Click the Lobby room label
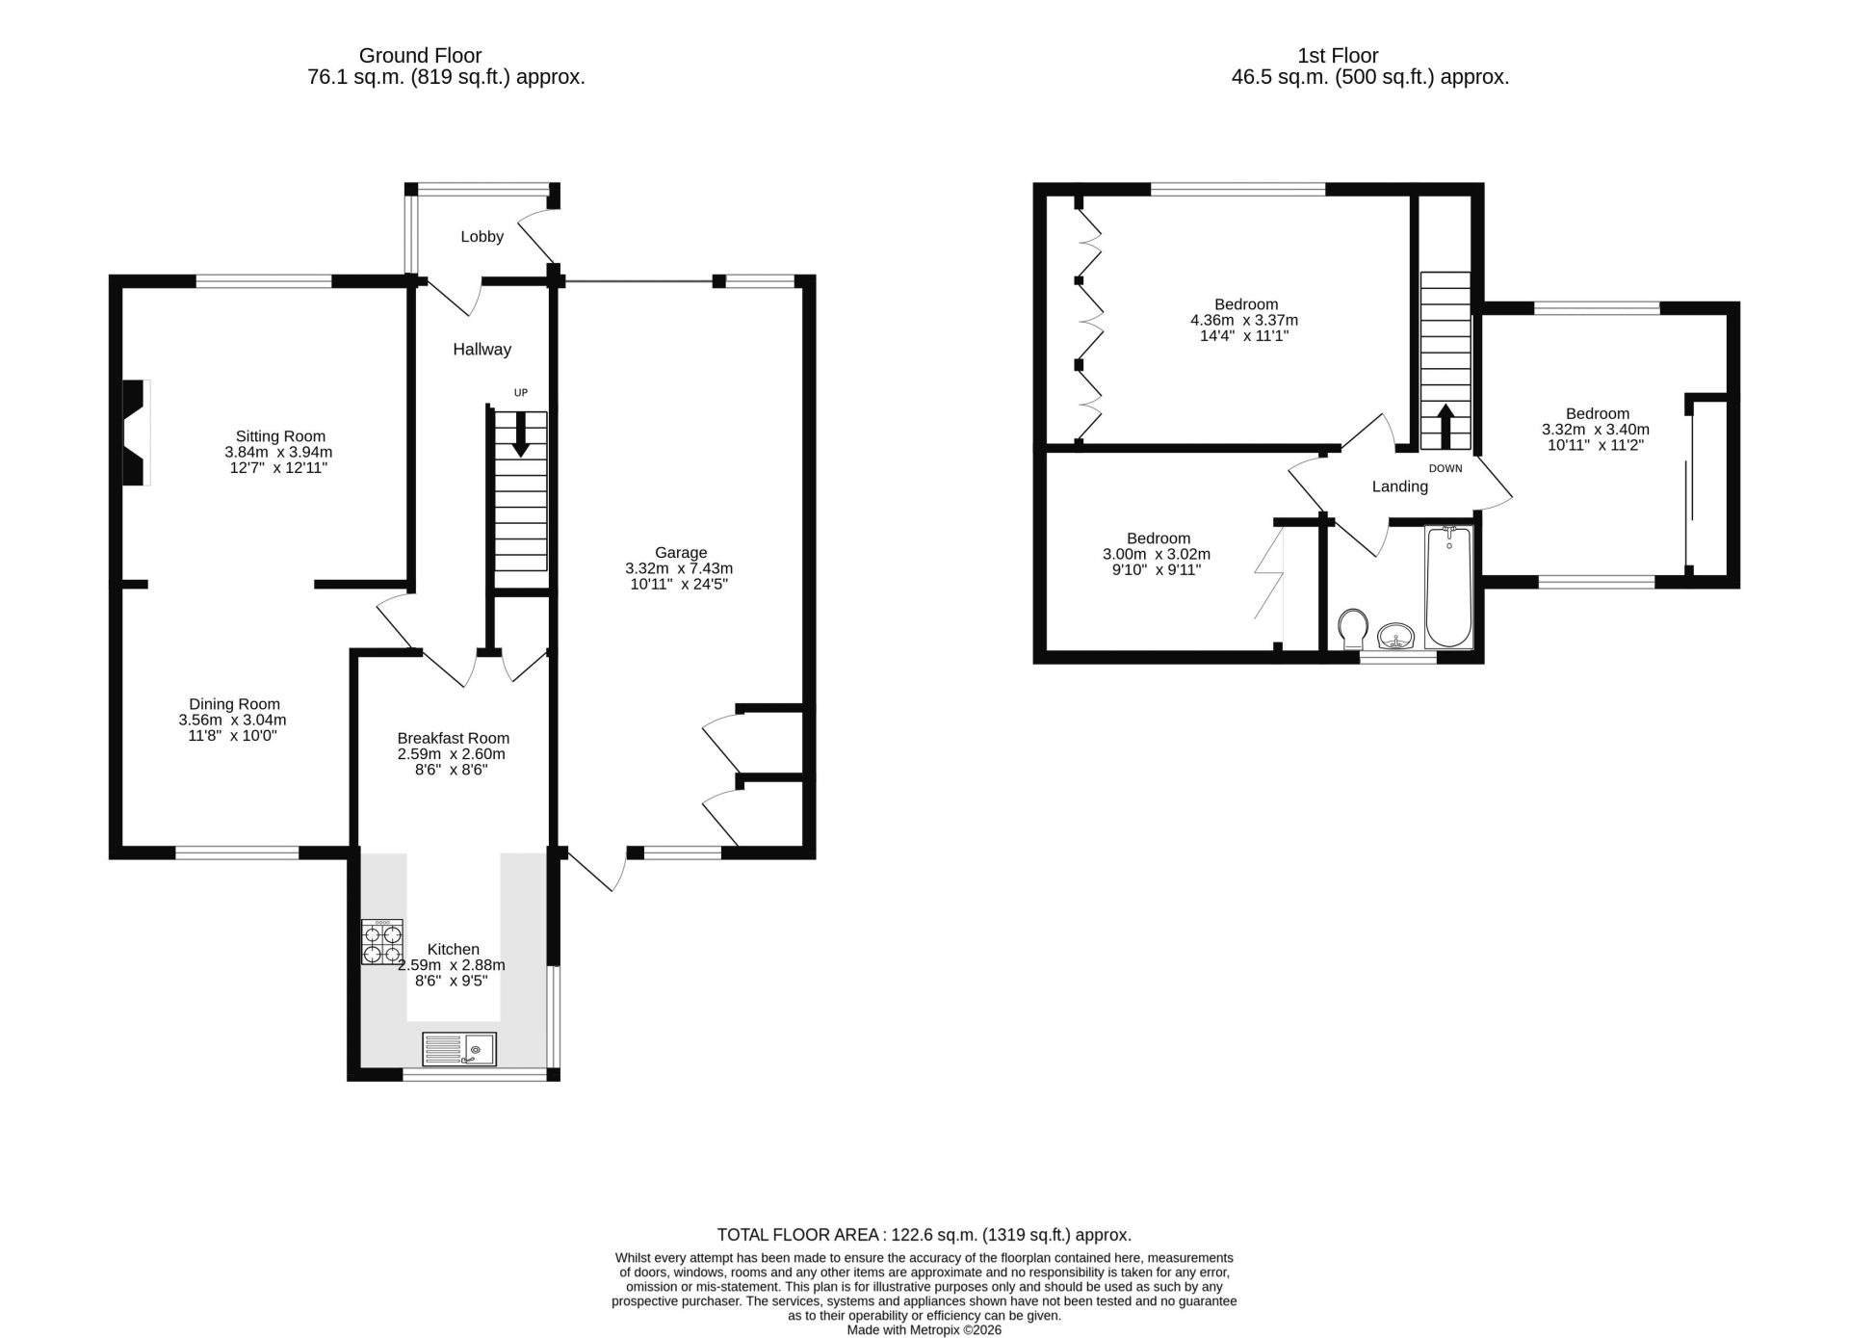click(482, 236)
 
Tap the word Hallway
click(482, 350)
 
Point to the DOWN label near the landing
click(1445, 469)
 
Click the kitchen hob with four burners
click(382, 941)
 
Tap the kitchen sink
click(459, 1048)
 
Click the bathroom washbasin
click(1395, 636)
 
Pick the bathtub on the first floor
click(1448, 587)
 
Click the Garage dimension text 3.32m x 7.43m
click(680, 568)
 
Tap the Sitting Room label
click(280, 436)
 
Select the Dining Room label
click(234, 704)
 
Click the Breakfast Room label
click(453, 739)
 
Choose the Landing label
click(1399, 487)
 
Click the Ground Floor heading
click(420, 56)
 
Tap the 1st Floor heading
click(1338, 56)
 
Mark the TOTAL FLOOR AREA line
click(924, 1235)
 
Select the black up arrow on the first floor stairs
click(1445, 427)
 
